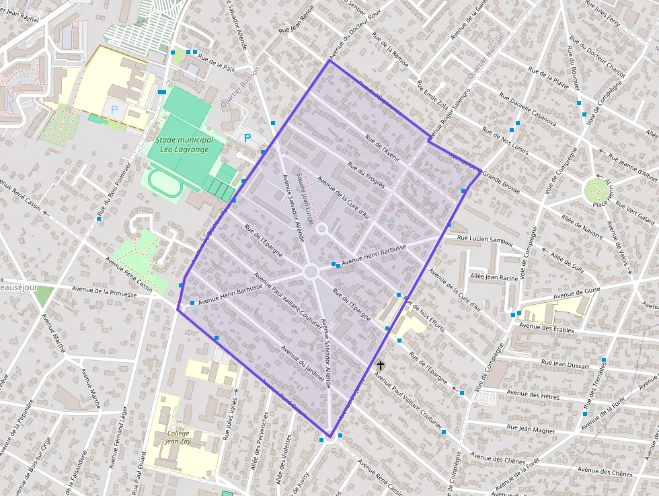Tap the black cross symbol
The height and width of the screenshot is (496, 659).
point(381,365)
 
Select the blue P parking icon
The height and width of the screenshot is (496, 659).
point(247,138)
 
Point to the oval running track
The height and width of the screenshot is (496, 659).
point(165,183)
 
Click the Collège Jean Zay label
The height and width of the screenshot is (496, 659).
point(178,438)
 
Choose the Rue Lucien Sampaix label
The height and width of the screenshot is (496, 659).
point(485,238)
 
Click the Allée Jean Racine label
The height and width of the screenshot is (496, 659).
point(494,277)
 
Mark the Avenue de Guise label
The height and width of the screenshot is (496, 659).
point(576,291)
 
